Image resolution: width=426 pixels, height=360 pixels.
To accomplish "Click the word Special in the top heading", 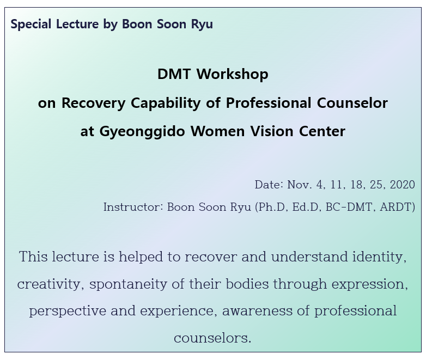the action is pos(31,24).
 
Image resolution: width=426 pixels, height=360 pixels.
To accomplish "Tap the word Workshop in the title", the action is pos(232,74).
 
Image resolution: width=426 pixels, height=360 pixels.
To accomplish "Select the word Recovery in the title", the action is pos(94,103).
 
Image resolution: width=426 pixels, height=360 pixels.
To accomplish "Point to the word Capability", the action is pos(166,103).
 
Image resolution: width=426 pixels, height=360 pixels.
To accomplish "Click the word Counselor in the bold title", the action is pos(352,103).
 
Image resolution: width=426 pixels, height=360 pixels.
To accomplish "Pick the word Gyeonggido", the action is pos(142,132).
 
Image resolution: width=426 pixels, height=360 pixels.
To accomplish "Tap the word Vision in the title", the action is pos(272,131).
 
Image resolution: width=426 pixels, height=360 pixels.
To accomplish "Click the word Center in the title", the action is pos(322,131).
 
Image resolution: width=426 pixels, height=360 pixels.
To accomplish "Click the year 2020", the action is pos(403,185).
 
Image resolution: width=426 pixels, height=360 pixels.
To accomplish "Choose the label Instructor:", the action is pos(133,207).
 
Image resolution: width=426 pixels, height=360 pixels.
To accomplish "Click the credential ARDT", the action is pos(396,207).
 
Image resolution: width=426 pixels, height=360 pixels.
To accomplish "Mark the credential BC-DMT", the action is pos(349,207).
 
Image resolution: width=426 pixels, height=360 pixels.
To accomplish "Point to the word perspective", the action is pos(68,311).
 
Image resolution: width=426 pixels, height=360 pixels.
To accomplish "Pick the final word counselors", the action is pos(212,338).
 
